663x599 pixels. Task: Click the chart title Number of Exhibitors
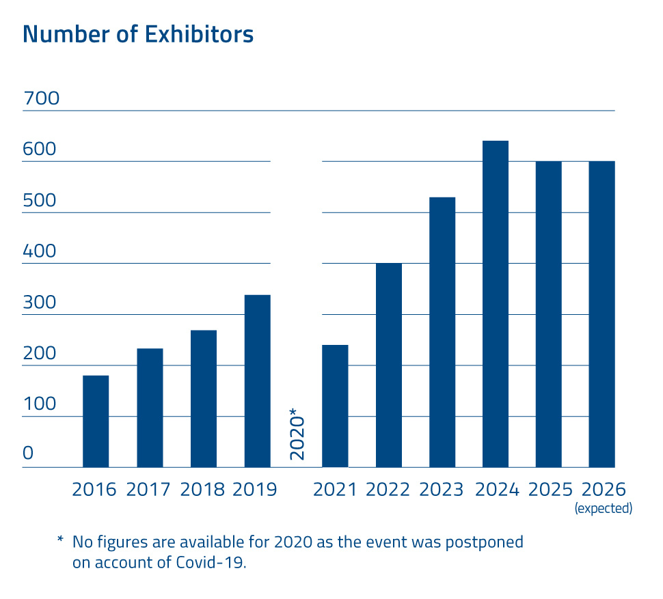pyautogui.click(x=138, y=34)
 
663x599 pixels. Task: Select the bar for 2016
pyautogui.click(x=96, y=421)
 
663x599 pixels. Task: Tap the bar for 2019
pyautogui.click(x=257, y=381)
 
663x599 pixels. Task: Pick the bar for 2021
pyautogui.click(x=335, y=406)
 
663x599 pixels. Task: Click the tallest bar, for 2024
pyautogui.click(x=496, y=304)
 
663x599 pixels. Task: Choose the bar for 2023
pyautogui.click(x=442, y=333)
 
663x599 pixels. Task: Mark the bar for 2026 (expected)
pyautogui.click(x=602, y=314)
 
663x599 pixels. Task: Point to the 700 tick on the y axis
pyautogui.click(x=41, y=99)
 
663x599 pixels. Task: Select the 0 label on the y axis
pyautogui.click(x=28, y=454)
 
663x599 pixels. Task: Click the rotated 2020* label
pyautogui.click(x=297, y=434)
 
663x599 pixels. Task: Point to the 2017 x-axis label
pyautogui.click(x=150, y=490)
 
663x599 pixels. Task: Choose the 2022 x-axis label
pyautogui.click(x=388, y=490)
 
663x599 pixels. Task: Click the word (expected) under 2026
pyautogui.click(x=604, y=508)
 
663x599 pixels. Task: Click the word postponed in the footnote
pyautogui.click(x=485, y=543)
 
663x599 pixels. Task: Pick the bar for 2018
pyautogui.click(x=204, y=399)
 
